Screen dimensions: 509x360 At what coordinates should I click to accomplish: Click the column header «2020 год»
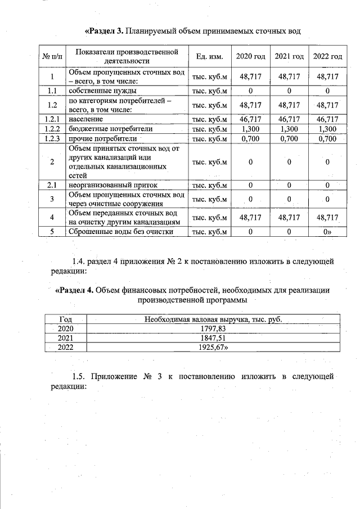251,57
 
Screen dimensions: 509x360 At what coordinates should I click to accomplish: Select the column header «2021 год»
289,57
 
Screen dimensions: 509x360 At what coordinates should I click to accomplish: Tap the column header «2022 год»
327,57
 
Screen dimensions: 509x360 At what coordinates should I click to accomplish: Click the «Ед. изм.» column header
210,57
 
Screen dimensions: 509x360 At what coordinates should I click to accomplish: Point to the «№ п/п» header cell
52,57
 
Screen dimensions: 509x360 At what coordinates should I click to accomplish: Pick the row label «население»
86,119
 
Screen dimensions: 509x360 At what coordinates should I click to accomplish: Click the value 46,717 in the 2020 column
251,119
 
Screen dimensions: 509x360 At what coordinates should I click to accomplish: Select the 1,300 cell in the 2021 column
289,129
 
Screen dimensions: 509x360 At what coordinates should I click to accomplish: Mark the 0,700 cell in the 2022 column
327,138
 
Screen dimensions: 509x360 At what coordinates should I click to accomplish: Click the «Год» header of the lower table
66,319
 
